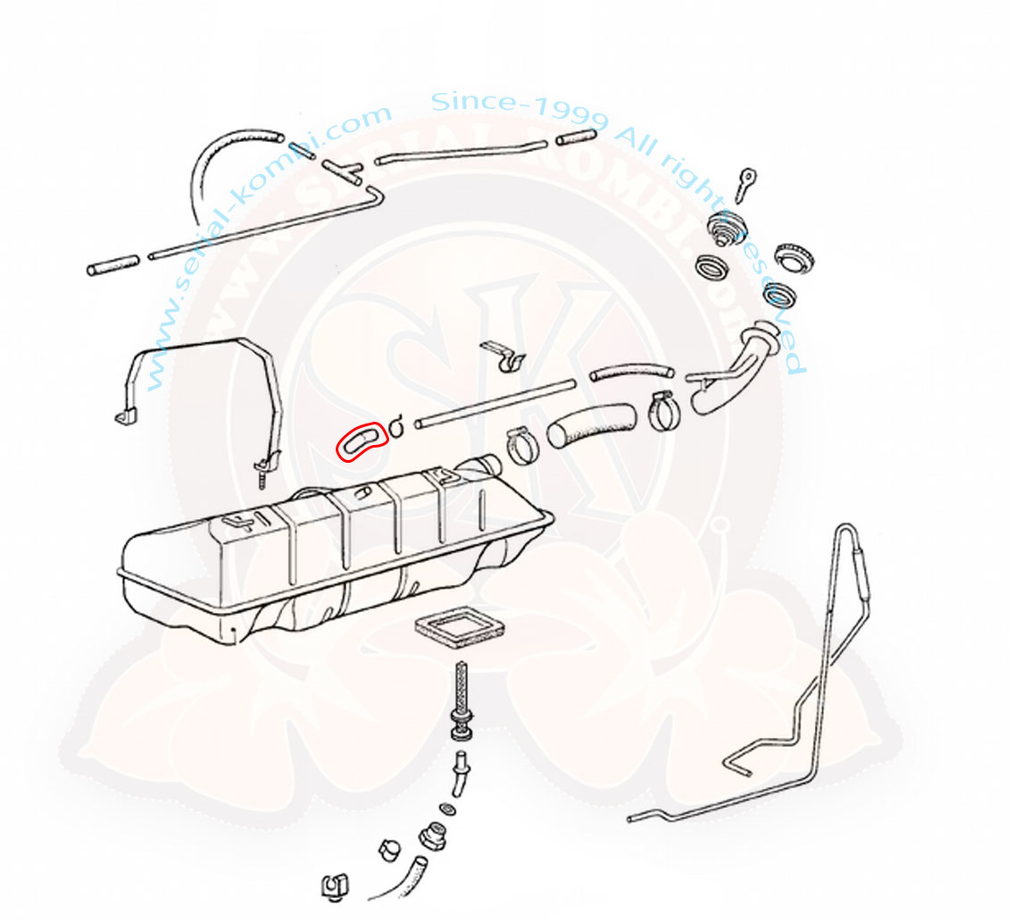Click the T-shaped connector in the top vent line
click(x=344, y=170)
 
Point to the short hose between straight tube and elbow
click(x=628, y=370)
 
